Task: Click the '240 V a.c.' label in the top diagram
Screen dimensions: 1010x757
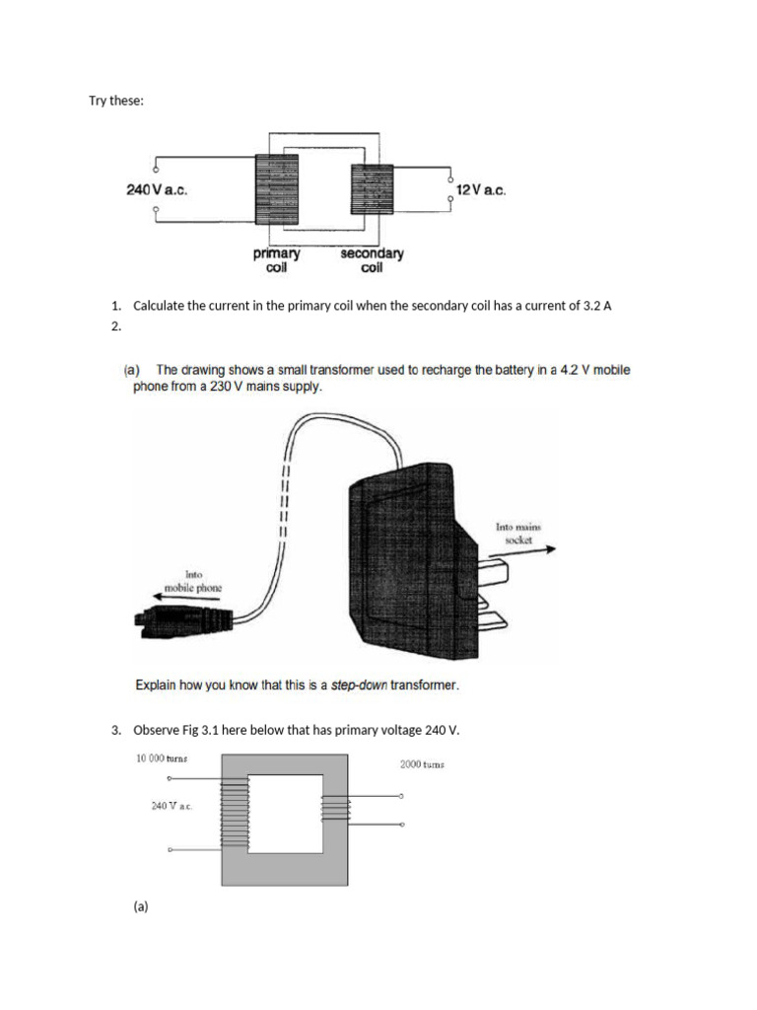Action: (x=157, y=190)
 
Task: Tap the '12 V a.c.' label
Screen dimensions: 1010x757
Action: (x=481, y=190)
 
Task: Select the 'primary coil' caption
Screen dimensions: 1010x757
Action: (x=276, y=260)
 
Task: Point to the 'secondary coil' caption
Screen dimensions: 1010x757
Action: (x=372, y=260)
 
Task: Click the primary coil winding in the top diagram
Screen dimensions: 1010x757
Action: (x=276, y=190)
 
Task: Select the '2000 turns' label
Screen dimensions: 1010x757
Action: (x=422, y=763)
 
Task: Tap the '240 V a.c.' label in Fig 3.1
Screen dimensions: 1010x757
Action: (x=172, y=806)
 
